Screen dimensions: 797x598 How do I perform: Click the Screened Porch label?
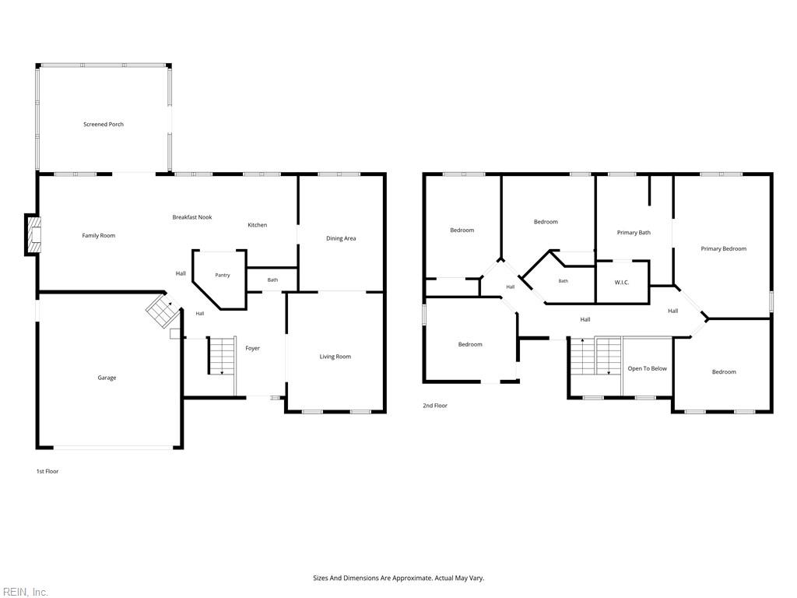pyautogui.click(x=104, y=124)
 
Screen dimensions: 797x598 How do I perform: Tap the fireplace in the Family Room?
pyautogui.click(x=33, y=235)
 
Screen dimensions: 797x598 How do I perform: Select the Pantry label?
pyautogui.click(x=222, y=275)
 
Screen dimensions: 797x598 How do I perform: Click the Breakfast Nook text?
pyautogui.click(x=192, y=217)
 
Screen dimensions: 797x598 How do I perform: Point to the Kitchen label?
pyautogui.click(x=257, y=225)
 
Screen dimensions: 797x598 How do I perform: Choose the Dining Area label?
pyautogui.click(x=341, y=238)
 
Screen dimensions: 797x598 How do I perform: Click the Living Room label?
pyautogui.click(x=335, y=357)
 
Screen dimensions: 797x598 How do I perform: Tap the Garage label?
pyautogui.click(x=107, y=378)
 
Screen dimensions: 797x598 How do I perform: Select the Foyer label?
pyautogui.click(x=253, y=348)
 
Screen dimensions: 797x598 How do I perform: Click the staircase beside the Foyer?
pyautogui.click(x=222, y=355)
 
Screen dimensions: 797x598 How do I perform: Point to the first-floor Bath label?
pyautogui.click(x=273, y=280)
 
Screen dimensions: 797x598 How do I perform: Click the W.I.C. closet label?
pyautogui.click(x=622, y=283)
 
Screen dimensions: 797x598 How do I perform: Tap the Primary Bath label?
pyautogui.click(x=634, y=232)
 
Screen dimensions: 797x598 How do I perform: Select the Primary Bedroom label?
pyautogui.click(x=724, y=248)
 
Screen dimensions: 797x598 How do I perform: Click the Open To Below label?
pyautogui.click(x=647, y=368)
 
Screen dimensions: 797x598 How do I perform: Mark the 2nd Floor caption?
pyautogui.click(x=435, y=405)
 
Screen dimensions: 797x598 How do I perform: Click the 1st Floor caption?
pyautogui.click(x=47, y=471)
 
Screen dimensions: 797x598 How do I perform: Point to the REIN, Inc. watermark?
pyautogui.click(x=24, y=592)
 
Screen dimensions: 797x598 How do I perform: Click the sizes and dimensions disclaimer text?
pyautogui.click(x=398, y=579)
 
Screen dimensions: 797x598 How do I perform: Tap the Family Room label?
pyautogui.click(x=99, y=235)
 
